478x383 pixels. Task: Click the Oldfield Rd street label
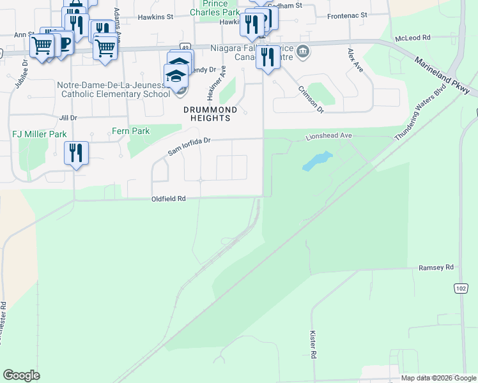(x=168, y=199)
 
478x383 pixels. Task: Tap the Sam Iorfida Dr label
(x=189, y=146)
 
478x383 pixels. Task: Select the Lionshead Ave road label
(x=329, y=136)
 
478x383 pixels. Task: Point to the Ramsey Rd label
(x=436, y=267)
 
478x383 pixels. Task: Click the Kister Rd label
(x=313, y=344)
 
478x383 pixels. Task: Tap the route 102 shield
(x=461, y=289)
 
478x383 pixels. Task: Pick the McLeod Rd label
(x=413, y=38)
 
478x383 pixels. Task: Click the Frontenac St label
(x=347, y=15)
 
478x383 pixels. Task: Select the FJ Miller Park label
(x=39, y=135)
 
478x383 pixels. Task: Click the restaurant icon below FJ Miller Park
(x=76, y=153)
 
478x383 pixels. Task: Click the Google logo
(x=21, y=375)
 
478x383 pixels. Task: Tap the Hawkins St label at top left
(x=155, y=17)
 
